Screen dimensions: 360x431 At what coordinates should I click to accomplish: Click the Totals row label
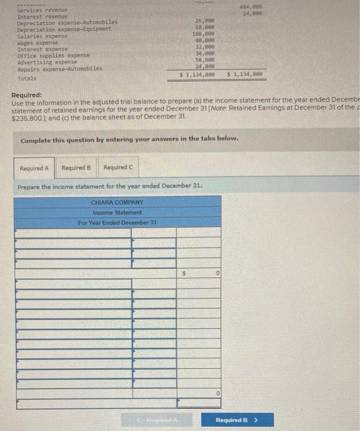pyautogui.click(x=27, y=78)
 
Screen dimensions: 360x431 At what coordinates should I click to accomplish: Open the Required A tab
pyautogui.click(x=34, y=167)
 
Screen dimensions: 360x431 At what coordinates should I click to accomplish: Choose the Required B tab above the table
pyautogui.click(x=76, y=167)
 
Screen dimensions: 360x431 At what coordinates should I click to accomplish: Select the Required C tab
pyautogui.click(x=118, y=167)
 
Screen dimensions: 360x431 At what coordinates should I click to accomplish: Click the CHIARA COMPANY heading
pyautogui.click(x=117, y=202)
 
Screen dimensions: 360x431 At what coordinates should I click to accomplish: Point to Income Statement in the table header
pyautogui.click(x=117, y=212)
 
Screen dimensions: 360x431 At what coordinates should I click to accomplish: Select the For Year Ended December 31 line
pyautogui.click(x=117, y=222)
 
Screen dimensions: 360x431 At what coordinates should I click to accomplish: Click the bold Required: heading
pyautogui.click(x=27, y=95)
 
